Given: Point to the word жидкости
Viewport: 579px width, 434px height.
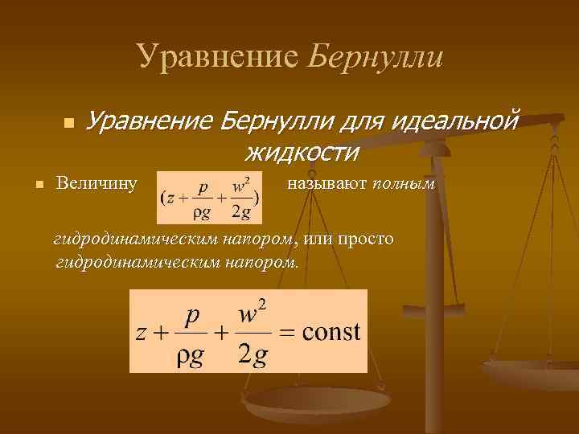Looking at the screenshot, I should [x=301, y=150].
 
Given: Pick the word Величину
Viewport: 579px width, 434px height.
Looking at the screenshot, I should [x=96, y=183].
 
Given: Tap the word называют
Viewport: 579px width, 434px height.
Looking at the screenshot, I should [x=326, y=183].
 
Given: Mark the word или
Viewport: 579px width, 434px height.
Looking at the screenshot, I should [x=318, y=239].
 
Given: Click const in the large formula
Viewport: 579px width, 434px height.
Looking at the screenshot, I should [x=331, y=333].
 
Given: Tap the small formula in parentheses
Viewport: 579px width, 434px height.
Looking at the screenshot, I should [x=210, y=196].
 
